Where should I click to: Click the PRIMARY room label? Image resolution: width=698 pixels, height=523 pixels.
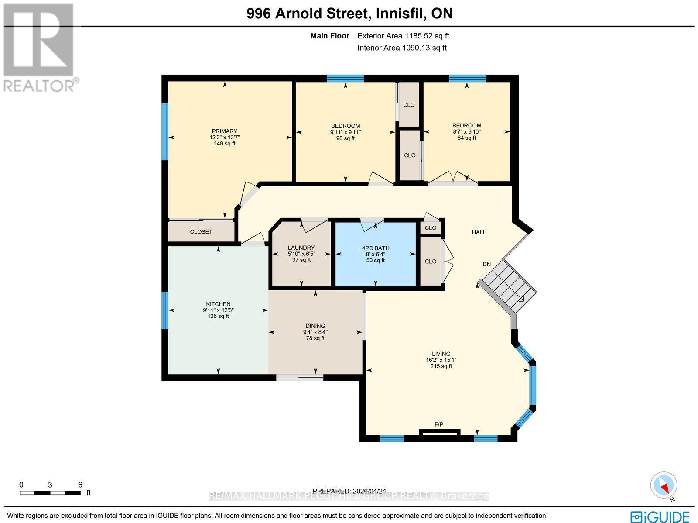[224, 131]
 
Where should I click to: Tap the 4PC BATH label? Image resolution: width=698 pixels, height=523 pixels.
[376, 248]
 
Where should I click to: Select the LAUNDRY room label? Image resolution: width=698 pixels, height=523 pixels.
[301, 248]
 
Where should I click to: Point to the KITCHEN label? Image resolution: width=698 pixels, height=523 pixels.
[218, 304]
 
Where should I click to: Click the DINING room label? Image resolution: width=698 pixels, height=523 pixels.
[315, 326]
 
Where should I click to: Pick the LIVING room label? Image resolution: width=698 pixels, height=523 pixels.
[441, 354]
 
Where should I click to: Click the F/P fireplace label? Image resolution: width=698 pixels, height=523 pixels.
[438, 424]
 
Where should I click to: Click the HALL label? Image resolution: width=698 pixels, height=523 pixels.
[479, 232]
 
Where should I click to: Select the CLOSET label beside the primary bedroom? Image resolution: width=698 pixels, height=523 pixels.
[201, 232]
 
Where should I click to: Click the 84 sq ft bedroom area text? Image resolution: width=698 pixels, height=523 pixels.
[467, 138]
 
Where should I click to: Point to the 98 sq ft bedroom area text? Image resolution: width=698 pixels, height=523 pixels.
[346, 138]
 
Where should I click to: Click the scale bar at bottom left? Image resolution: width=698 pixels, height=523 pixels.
[50, 493]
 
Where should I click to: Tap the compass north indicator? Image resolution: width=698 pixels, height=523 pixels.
[664, 485]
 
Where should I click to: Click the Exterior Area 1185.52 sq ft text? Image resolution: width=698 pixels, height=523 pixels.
[403, 36]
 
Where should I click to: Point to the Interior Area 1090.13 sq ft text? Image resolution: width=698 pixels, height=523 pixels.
[402, 48]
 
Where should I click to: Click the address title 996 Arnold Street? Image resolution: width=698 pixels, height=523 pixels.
[349, 14]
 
